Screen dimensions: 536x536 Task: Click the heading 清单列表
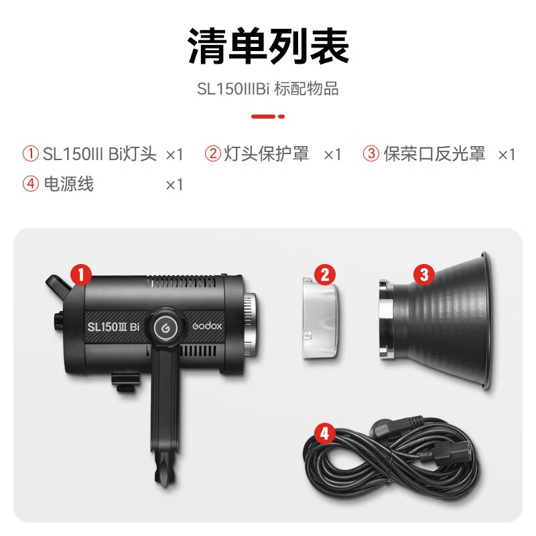click(268, 46)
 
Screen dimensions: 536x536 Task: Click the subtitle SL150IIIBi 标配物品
click(268, 89)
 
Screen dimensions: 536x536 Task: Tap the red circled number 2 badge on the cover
click(324, 273)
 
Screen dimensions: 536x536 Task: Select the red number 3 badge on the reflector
click(423, 273)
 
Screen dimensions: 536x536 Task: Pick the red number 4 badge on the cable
click(324, 433)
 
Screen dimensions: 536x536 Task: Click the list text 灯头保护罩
click(267, 154)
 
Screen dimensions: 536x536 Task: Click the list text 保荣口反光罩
click(434, 154)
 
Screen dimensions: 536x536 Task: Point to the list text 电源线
click(68, 184)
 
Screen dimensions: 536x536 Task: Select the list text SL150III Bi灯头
click(100, 154)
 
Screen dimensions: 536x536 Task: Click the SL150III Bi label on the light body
click(113, 328)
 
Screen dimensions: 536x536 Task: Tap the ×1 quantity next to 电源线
click(174, 184)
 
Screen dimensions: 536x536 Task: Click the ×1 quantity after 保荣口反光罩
click(507, 155)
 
